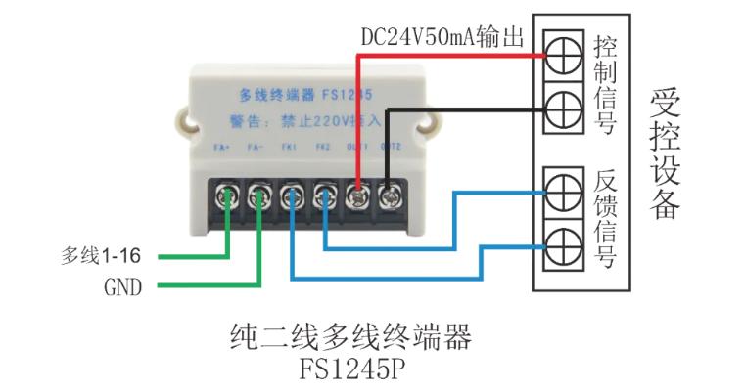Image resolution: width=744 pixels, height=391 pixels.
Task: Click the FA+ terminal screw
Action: (x=229, y=194)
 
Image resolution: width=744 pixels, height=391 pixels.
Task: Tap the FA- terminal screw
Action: (x=260, y=194)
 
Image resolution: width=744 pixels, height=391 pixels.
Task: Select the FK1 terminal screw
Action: (x=293, y=194)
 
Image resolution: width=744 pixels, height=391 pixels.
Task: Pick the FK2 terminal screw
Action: (x=325, y=194)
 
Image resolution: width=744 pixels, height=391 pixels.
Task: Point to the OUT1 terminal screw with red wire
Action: (x=357, y=194)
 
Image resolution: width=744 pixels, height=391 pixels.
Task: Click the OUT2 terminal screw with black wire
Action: (x=389, y=194)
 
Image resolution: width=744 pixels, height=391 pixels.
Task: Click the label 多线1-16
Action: (x=101, y=257)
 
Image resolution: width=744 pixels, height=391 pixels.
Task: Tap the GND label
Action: (x=122, y=287)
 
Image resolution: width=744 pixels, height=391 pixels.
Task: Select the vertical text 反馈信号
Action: (x=604, y=217)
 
